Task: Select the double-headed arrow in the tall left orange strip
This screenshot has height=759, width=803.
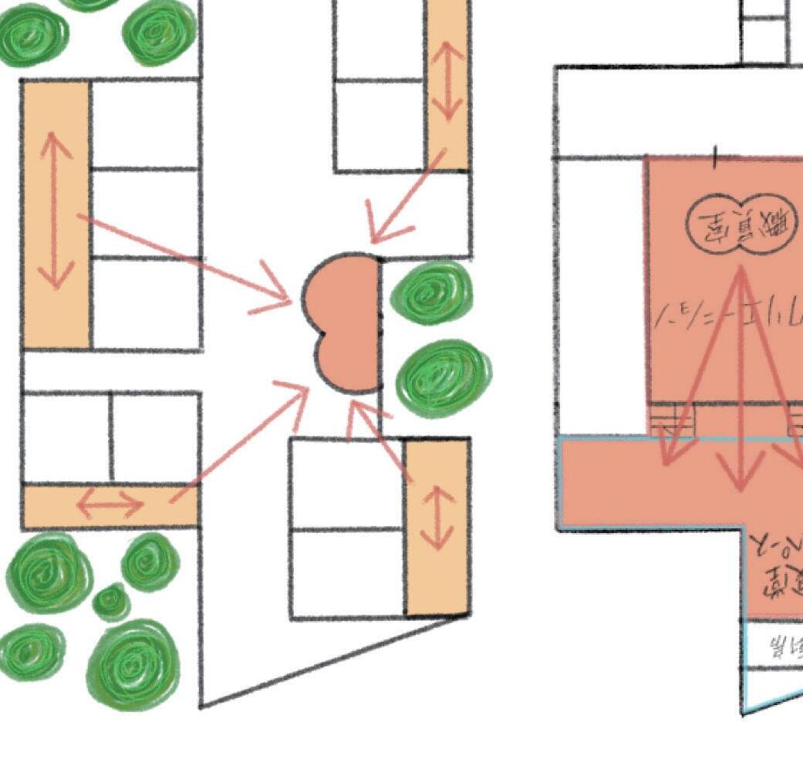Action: (54, 210)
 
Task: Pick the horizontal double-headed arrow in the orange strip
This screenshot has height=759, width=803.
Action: (110, 506)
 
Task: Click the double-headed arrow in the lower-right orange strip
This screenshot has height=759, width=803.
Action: (438, 518)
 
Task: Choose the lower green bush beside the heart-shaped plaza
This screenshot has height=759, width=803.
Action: (443, 377)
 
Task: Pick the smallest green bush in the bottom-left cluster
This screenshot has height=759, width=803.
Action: (111, 601)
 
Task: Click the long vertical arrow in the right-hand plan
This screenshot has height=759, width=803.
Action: (741, 378)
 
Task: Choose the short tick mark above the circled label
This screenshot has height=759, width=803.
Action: (715, 157)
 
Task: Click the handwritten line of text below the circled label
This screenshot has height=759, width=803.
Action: (729, 317)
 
